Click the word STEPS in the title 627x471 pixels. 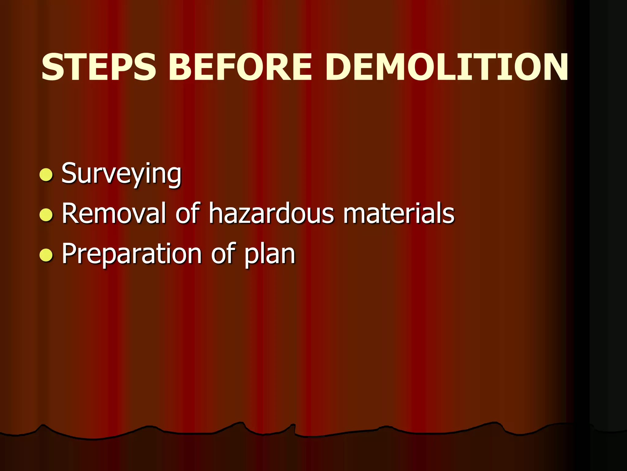[99, 67]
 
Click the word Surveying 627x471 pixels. [122, 174]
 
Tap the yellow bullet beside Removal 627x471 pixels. [46, 215]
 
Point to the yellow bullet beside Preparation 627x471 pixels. [46, 255]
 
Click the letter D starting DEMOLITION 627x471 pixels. [340, 67]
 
